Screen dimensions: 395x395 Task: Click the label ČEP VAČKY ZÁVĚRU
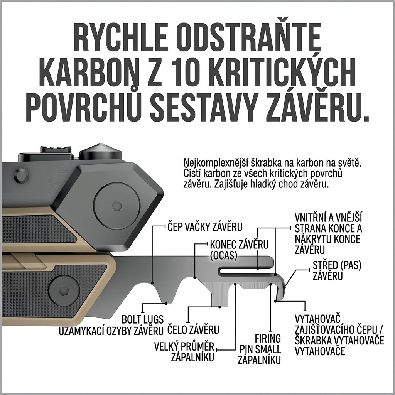pos(205,227)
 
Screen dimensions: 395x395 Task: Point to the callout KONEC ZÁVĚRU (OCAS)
pos(239,250)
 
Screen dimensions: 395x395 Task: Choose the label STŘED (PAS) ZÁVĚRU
pos(337,271)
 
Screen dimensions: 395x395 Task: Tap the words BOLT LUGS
pos(143,319)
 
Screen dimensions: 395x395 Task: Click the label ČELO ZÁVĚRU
pos(193,330)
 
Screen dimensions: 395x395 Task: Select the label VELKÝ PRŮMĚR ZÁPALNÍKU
pos(184,352)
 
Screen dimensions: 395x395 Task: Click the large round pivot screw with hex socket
pos(117,206)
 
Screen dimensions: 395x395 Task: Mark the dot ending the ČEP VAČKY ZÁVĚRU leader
pos(152,283)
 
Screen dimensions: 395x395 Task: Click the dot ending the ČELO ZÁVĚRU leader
pos(220,307)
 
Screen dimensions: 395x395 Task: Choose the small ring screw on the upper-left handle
pos(21,175)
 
